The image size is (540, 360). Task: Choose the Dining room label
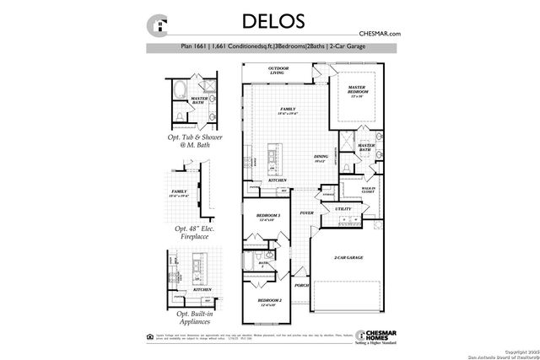(321, 157)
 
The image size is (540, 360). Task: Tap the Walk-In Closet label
(367, 191)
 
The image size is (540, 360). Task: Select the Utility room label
(343, 209)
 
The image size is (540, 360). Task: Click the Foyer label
(306, 213)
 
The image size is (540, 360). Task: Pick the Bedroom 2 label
(268, 302)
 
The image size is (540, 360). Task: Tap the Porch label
(301, 285)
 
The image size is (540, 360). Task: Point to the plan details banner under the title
(270, 47)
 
